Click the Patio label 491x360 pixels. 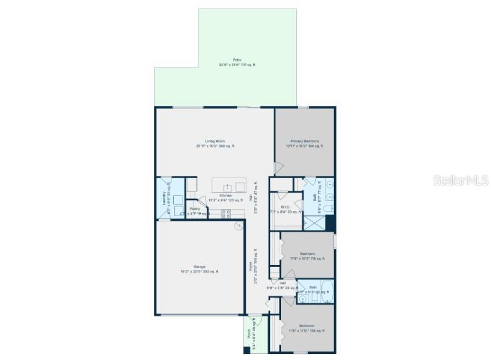pos(237,60)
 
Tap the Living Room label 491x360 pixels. pos(215,141)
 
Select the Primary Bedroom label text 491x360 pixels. pos(304,141)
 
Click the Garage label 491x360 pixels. pos(199,266)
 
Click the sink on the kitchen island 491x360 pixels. pos(228,187)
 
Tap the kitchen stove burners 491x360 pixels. pos(226,214)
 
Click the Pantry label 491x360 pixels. pos(194,209)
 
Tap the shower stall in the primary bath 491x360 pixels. pos(315,223)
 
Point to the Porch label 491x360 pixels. pos(248,335)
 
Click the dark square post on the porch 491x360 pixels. pos(246,348)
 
